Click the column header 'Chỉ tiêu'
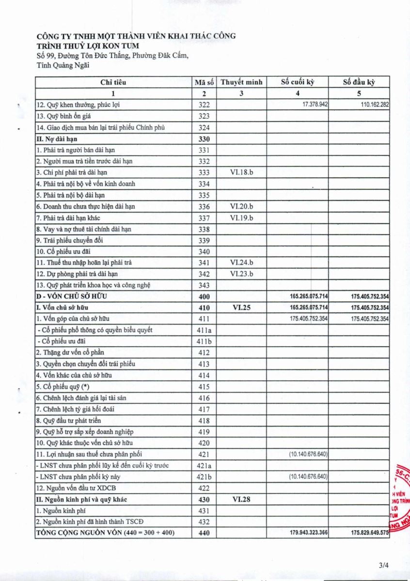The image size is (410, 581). pos(113,82)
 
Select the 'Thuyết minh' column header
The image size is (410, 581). pos(241,82)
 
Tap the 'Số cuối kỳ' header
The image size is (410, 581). pos(298,82)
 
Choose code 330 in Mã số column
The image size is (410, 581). pos(204,139)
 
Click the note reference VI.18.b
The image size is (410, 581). pos(241,172)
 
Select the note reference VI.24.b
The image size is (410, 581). pos(241,262)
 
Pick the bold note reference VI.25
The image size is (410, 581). pos(241,307)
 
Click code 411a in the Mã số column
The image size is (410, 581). pos(204,330)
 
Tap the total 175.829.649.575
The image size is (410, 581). pos(370,533)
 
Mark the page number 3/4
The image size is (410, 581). pos(384,565)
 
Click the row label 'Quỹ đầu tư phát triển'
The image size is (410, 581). pos(69,421)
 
